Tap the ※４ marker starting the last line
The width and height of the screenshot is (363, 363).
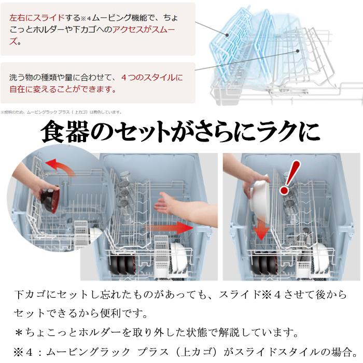tap(24, 352)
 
